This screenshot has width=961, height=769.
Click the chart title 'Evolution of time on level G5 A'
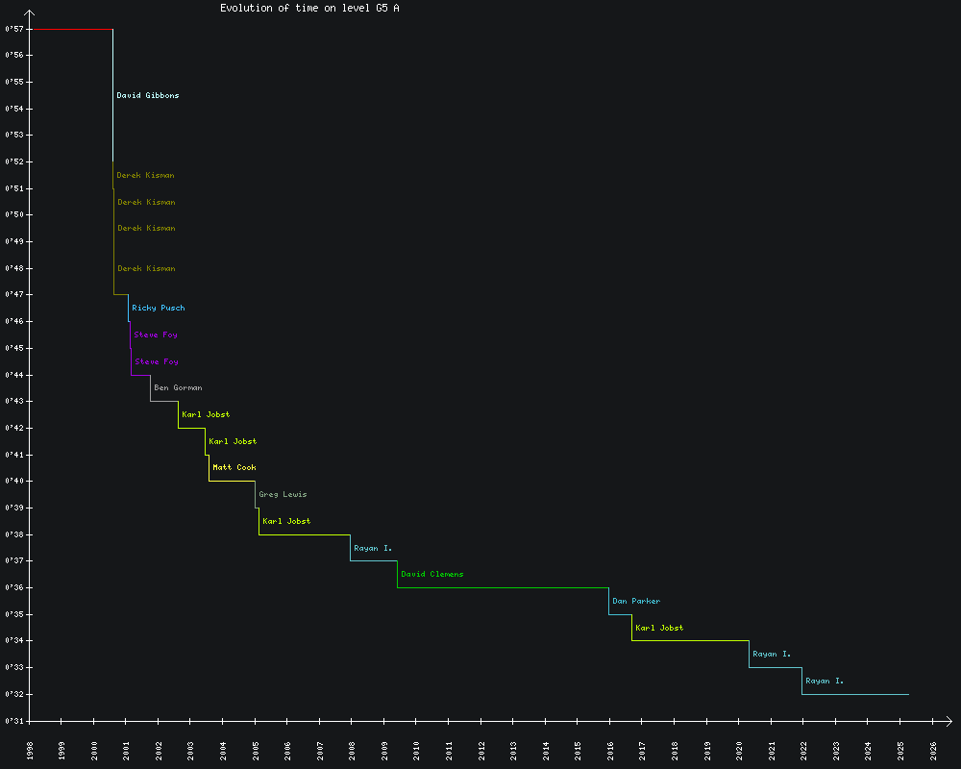click(x=309, y=8)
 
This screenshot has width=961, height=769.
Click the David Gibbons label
click(x=148, y=96)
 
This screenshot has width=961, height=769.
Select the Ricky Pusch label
click(x=159, y=309)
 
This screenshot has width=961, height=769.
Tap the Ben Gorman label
click(x=178, y=388)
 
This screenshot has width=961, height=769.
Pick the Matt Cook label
click(x=234, y=468)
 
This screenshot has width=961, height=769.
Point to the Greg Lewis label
click(x=283, y=495)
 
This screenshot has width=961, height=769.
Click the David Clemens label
click(x=432, y=575)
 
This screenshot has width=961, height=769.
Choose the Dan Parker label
click(x=636, y=602)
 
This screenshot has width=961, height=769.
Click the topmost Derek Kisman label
click(x=146, y=176)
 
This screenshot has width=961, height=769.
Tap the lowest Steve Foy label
click(x=157, y=362)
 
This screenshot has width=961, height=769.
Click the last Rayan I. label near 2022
click(x=825, y=682)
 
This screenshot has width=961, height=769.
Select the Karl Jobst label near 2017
click(x=659, y=629)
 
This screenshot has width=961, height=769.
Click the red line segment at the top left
click(x=72, y=30)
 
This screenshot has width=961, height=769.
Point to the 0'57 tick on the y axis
click(x=13, y=30)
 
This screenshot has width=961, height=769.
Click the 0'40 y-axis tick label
click(x=13, y=482)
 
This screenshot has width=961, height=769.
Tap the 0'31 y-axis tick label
click(x=13, y=721)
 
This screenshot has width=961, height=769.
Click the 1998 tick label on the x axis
click(x=30, y=750)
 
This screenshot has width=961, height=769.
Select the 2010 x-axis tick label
click(x=417, y=750)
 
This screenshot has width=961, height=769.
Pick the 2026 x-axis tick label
click(x=933, y=750)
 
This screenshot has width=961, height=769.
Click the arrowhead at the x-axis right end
click(x=949, y=721)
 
